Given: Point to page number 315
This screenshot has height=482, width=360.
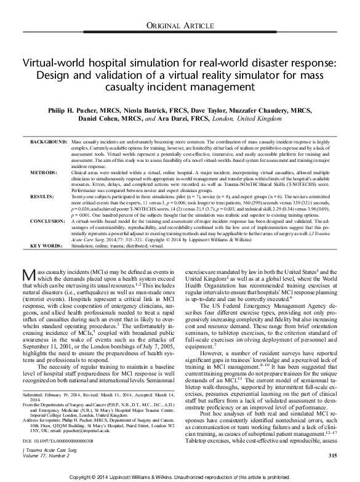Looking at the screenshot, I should (332, 454).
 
